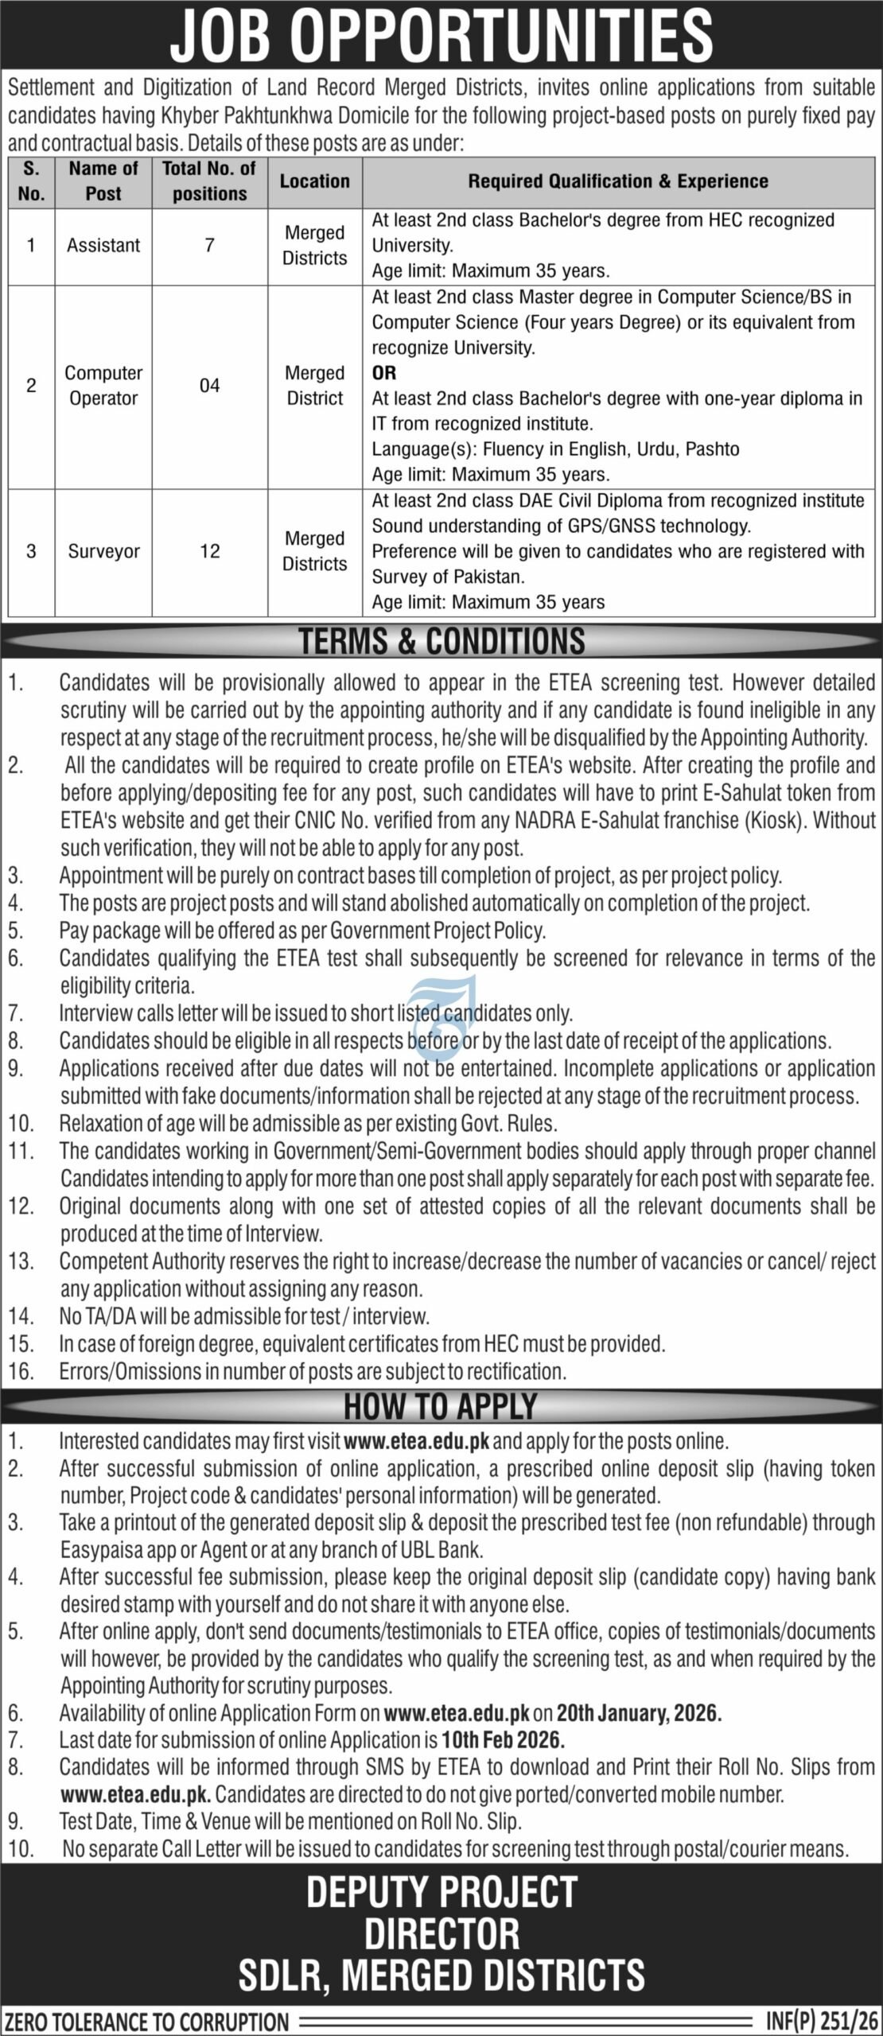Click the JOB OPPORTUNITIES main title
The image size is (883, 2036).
point(441,36)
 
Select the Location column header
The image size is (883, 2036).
point(314,181)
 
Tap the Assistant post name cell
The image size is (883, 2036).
point(103,245)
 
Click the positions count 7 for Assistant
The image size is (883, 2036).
point(209,245)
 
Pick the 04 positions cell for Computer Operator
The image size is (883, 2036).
point(209,386)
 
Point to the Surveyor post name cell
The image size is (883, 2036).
point(103,551)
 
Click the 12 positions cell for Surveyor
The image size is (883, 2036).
point(209,551)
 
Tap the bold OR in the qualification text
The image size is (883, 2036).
point(383,373)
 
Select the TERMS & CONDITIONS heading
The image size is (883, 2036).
point(441,642)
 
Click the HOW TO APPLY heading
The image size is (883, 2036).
point(441,1407)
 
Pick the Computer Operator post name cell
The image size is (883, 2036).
point(103,386)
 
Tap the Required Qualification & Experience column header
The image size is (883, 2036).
point(618,181)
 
